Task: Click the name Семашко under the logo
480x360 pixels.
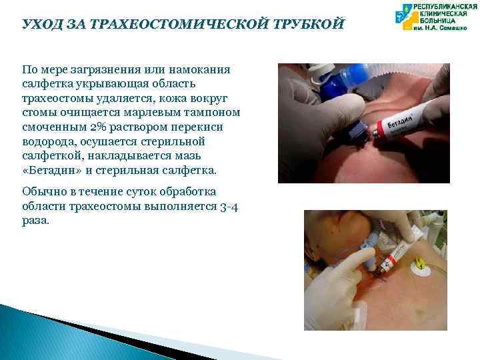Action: (455, 29)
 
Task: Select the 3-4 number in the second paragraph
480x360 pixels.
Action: (228, 207)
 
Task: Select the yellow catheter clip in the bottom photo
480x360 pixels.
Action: (420, 268)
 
